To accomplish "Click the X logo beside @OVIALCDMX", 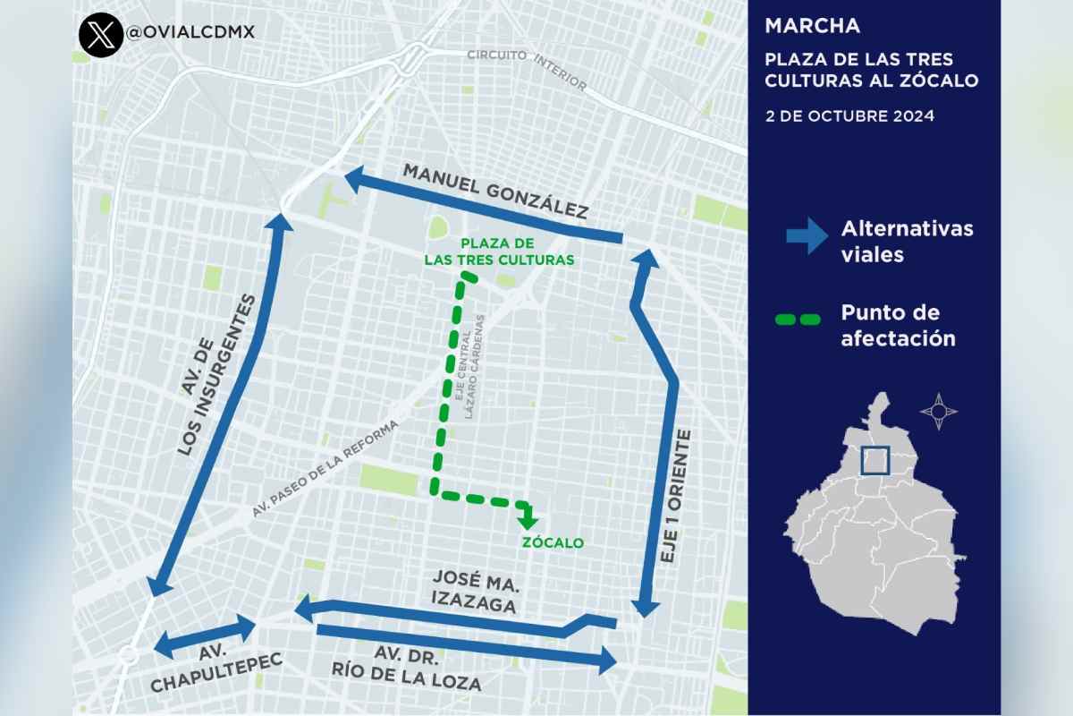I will (101, 33).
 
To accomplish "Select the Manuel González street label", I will (494, 191).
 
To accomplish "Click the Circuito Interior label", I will (528, 69).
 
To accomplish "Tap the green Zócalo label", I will (552, 542).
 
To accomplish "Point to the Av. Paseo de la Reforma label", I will (335, 470).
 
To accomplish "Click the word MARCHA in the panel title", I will (812, 25).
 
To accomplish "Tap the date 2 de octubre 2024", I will (849, 116).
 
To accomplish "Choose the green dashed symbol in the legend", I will (798, 318).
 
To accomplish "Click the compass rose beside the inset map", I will (938, 412).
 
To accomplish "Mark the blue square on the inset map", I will (875, 460).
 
